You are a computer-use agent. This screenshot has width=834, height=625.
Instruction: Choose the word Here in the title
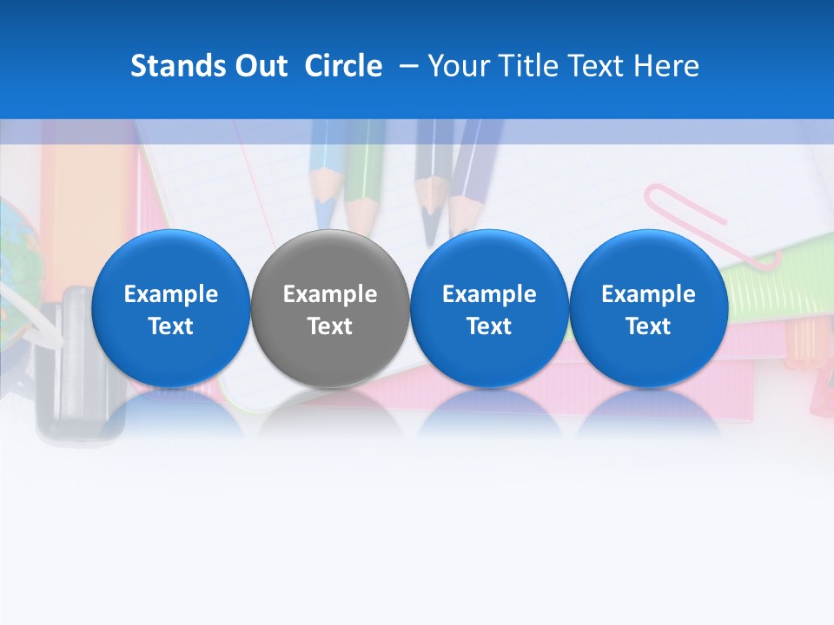point(667,66)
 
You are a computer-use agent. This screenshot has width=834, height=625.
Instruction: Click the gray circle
point(330,309)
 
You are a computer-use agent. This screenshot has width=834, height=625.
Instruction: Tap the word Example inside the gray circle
point(330,294)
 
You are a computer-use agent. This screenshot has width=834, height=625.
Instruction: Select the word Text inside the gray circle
point(330,326)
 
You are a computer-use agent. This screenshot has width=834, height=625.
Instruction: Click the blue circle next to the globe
point(170,309)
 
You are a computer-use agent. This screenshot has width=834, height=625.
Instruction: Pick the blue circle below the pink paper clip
point(648,309)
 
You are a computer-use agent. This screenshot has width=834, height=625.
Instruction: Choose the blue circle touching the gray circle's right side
point(489,309)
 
